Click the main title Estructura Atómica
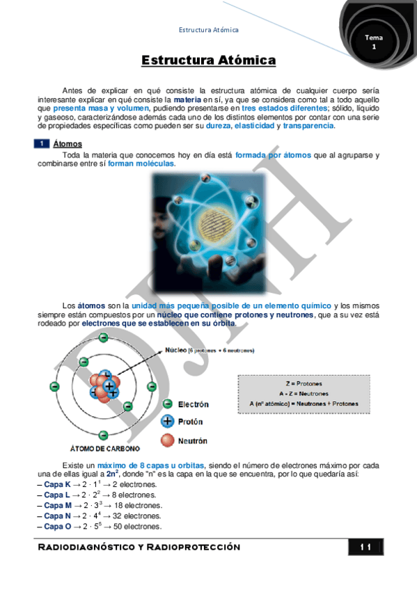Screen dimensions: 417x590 (x=208, y=61)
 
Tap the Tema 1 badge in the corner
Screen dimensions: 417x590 (x=374, y=41)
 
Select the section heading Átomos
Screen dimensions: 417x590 (x=68, y=143)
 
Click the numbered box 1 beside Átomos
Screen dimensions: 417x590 (x=42, y=143)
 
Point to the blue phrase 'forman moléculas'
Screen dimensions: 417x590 (x=141, y=164)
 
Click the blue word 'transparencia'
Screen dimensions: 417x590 (x=308, y=126)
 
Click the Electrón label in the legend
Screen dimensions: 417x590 (x=193, y=404)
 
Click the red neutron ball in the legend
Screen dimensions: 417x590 (x=167, y=440)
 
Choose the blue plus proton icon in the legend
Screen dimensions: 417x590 (x=167, y=422)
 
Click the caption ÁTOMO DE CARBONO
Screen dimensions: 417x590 (x=105, y=447)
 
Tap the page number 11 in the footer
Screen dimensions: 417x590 (x=366, y=548)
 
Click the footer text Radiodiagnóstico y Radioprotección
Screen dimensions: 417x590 (x=139, y=548)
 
